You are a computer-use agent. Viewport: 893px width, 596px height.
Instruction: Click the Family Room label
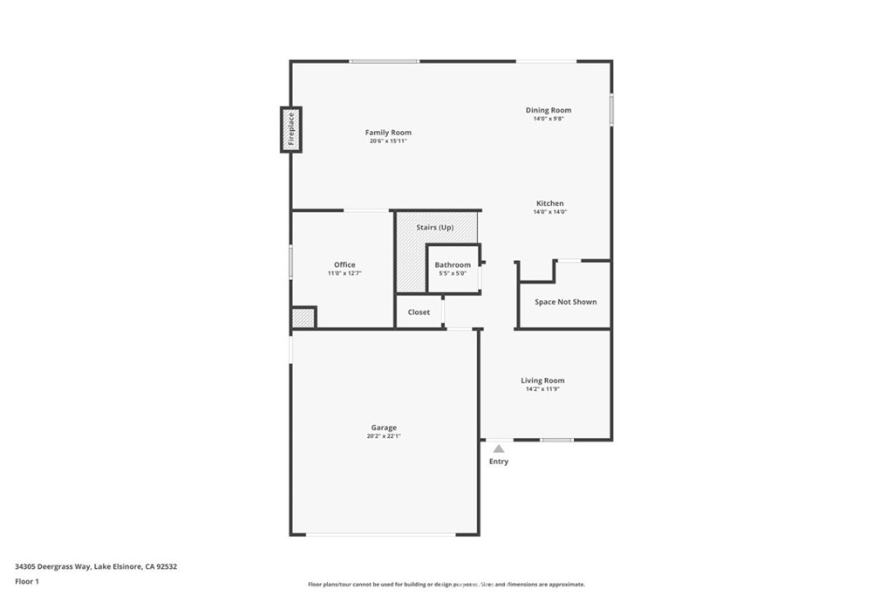point(388,133)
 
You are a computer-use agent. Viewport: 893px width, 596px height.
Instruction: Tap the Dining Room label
point(549,110)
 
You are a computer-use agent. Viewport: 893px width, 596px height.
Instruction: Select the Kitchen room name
point(549,203)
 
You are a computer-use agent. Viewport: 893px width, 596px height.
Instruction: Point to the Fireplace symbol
point(290,130)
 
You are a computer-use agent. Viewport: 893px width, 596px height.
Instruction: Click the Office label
point(344,264)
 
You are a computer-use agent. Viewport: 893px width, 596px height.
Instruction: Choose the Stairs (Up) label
point(434,228)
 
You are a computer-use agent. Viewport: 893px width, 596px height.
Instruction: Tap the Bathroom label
point(453,264)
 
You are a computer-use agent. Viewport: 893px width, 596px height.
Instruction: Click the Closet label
point(419,312)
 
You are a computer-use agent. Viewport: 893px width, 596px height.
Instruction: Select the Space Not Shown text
point(566,302)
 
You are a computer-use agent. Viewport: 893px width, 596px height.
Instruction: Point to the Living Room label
point(542,380)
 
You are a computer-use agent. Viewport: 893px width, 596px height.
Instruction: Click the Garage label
point(384,428)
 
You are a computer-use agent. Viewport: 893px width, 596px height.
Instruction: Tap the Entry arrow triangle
point(498,449)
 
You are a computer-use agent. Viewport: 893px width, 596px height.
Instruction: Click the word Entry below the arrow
point(498,462)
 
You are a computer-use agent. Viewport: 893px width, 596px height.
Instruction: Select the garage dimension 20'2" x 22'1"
point(384,436)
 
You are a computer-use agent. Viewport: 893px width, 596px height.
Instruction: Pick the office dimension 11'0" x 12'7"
point(344,273)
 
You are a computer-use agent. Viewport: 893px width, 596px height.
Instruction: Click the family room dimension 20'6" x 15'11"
point(388,140)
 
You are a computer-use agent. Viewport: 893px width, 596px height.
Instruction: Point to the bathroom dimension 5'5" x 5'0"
point(453,273)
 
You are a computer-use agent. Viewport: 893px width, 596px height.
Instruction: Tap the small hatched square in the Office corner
point(303,318)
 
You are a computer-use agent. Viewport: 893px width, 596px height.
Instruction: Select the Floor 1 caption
point(27,581)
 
